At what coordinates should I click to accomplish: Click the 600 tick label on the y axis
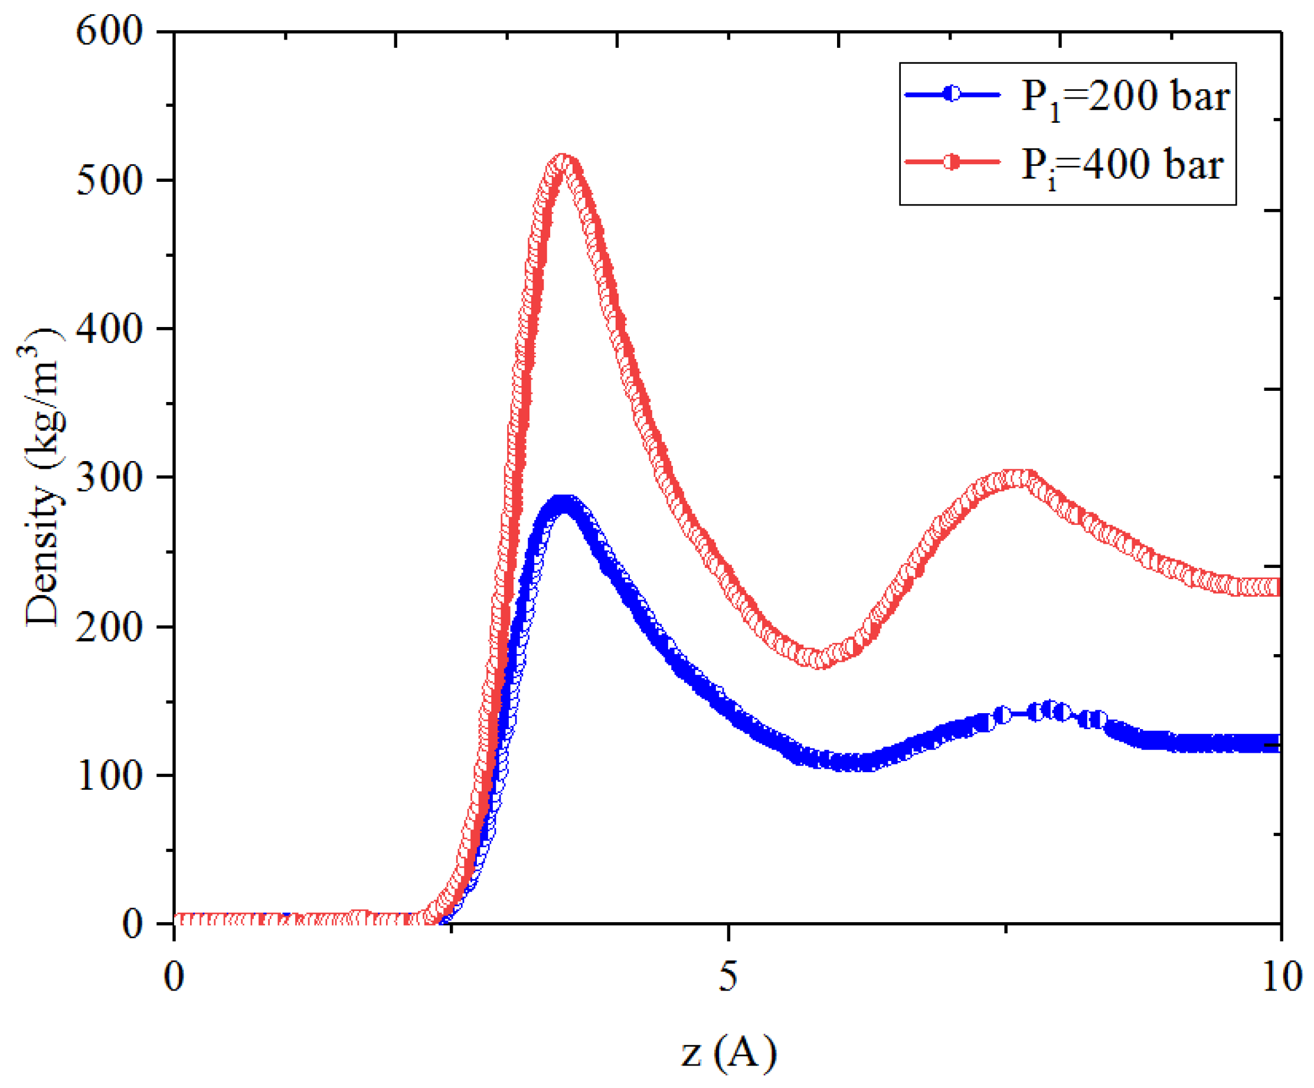(x=110, y=31)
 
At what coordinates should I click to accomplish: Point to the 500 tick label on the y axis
(x=110, y=181)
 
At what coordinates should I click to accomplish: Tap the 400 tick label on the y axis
(x=110, y=328)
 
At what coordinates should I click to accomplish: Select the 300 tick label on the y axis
(x=110, y=478)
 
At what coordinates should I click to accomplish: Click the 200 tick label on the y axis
(x=110, y=626)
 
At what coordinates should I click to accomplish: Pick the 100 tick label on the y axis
(x=110, y=775)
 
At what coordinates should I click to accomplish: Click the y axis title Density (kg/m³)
(x=43, y=477)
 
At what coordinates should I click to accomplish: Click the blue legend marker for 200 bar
(x=952, y=94)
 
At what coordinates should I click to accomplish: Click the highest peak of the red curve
(x=563, y=161)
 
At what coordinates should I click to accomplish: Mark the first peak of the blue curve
(x=563, y=503)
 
